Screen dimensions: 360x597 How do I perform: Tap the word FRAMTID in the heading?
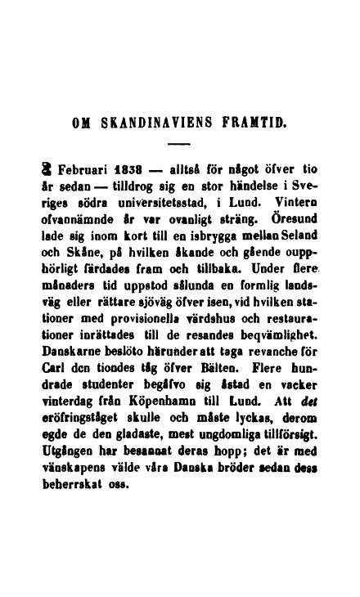point(258,124)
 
